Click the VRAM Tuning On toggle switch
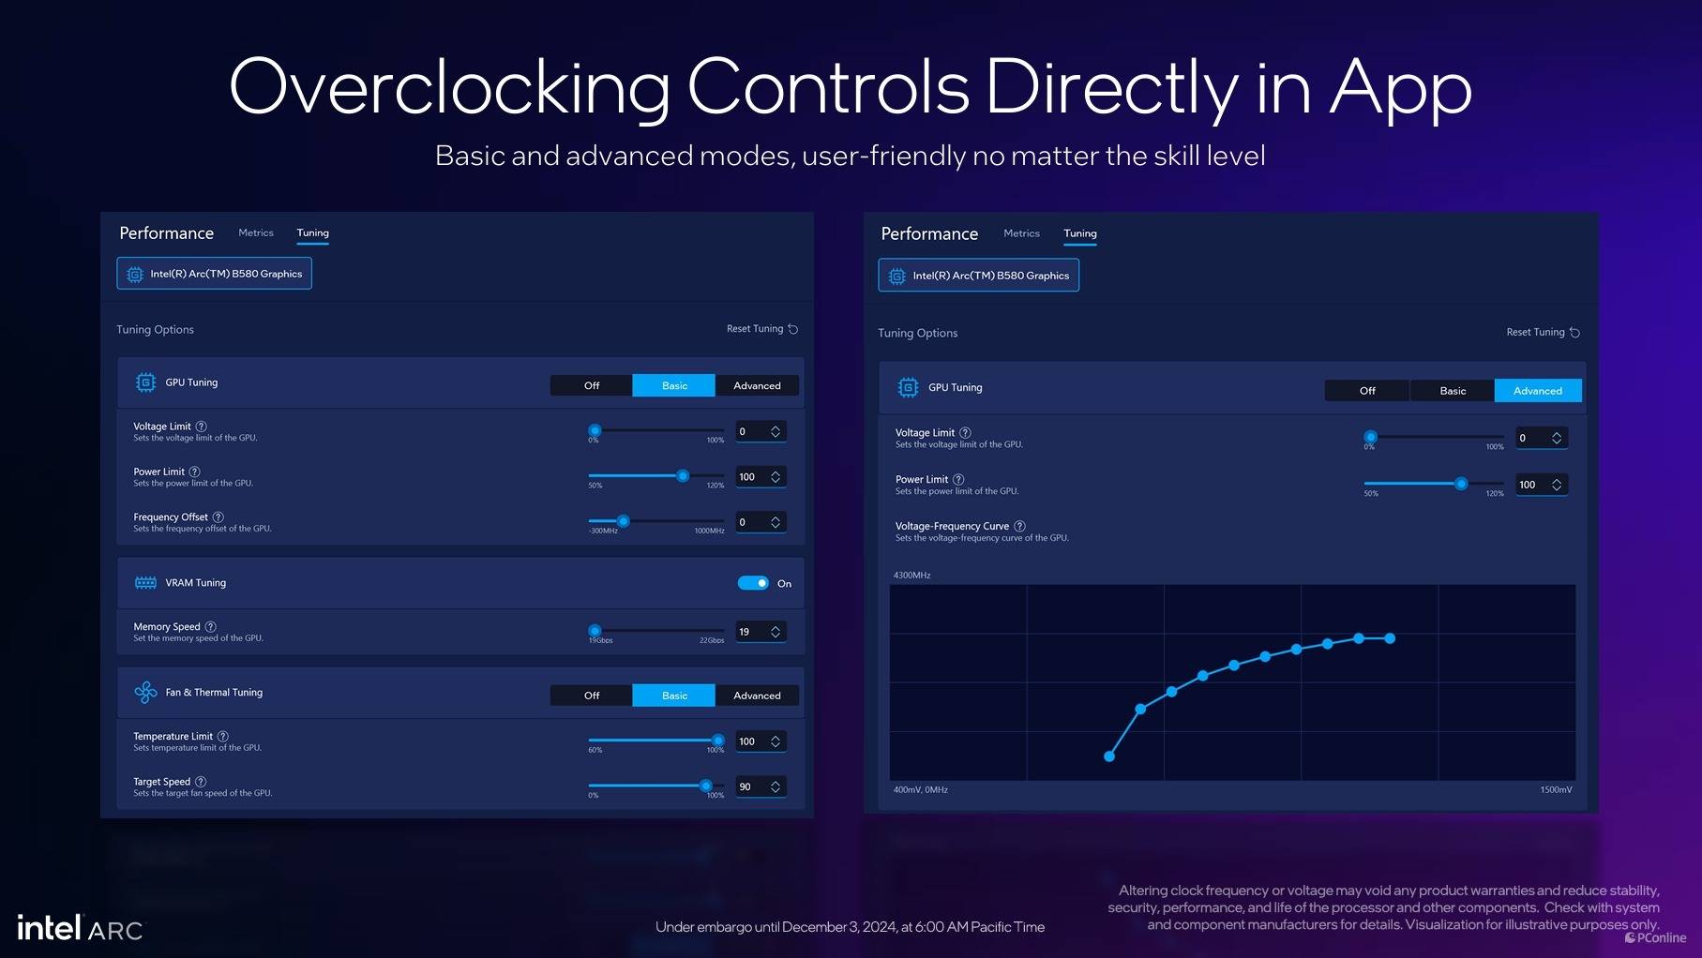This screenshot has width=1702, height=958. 753,583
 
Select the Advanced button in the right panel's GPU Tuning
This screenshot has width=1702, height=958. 1537,391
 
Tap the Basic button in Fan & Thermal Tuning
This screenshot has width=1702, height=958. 674,696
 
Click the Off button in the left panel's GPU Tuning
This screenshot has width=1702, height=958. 592,385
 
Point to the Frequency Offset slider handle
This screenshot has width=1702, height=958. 623,521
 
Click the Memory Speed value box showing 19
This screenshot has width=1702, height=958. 760,632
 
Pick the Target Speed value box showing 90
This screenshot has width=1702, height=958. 760,786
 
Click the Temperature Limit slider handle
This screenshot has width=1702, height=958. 718,741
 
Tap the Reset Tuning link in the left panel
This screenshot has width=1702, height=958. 761,329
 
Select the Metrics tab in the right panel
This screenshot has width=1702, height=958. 1021,233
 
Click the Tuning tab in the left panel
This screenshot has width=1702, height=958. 313,233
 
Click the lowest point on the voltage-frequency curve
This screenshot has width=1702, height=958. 1109,756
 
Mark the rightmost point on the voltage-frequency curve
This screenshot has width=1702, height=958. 1390,638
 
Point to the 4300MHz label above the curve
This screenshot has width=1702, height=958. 911,576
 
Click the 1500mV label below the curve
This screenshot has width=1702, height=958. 1556,790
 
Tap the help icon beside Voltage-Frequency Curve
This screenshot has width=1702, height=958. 1019,527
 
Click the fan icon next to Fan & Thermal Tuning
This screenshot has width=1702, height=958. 145,693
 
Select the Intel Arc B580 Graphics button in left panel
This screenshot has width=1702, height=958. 215,274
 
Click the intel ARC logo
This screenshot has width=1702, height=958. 81,928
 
